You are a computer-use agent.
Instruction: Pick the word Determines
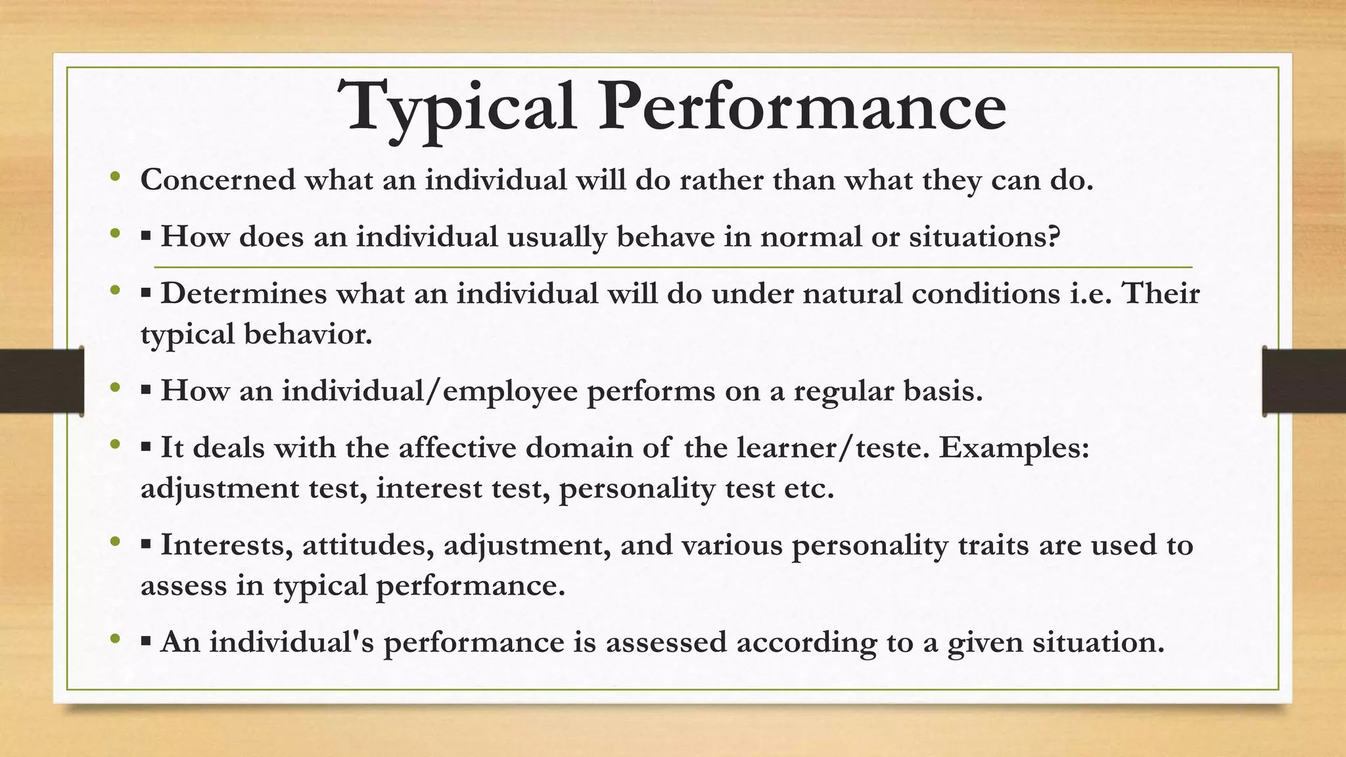click(244, 293)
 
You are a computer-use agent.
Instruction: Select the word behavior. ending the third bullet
click(308, 334)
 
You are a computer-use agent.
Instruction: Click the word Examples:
click(1014, 448)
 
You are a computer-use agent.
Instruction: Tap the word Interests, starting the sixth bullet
click(227, 545)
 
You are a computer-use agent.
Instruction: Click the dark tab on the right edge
click(1304, 382)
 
